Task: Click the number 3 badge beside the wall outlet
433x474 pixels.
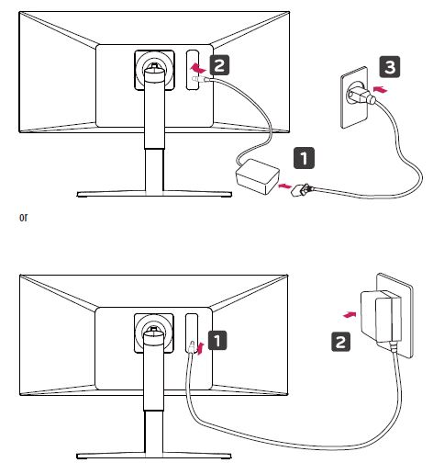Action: [390, 66]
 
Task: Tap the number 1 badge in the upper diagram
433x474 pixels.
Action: [304, 158]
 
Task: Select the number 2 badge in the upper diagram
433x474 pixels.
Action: [219, 65]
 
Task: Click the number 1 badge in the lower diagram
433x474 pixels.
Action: [217, 340]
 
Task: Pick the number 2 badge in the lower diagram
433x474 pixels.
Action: [341, 342]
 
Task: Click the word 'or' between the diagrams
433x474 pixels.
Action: [23, 218]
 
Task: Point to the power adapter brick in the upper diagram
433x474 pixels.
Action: [258, 176]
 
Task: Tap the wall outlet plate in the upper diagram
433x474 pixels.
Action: [354, 96]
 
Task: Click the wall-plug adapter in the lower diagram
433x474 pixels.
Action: [381, 316]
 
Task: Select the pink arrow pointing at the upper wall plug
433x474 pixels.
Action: [381, 90]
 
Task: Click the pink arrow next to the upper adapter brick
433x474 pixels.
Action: [285, 186]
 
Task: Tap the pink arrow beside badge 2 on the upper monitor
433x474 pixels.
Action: [197, 68]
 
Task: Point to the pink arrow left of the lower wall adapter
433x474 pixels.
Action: [350, 314]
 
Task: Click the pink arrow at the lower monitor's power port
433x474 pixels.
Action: [200, 349]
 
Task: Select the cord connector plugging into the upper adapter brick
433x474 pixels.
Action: [302, 190]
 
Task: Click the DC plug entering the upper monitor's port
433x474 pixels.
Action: [201, 80]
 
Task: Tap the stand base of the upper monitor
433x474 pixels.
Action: [154, 194]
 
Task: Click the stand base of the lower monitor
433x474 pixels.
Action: [154, 456]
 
